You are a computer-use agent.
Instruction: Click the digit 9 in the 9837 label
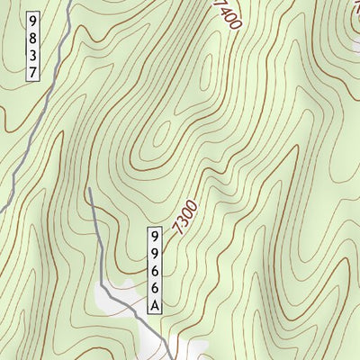pyautogui.click(x=34, y=21)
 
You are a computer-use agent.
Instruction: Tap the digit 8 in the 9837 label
pyautogui.click(x=34, y=38)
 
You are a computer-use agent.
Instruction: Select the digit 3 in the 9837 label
pyautogui.click(x=34, y=55)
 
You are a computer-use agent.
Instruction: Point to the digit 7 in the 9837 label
pyautogui.click(x=34, y=72)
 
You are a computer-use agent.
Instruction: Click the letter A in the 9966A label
pyautogui.click(x=155, y=305)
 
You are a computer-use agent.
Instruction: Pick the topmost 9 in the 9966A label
pyautogui.click(x=155, y=237)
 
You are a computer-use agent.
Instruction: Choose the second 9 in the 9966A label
pyautogui.click(x=155, y=254)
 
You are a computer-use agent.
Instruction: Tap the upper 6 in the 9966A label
pyautogui.click(x=155, y=271)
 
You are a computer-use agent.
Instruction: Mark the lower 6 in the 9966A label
pyautogui.click(x=155, y=288)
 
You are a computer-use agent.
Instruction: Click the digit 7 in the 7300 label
pyautogui.click(x=183, y=230)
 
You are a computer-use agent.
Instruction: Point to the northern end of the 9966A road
pyautogui.click(x=90, y=190)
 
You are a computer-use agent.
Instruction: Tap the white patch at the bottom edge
pyautogui.click(x=180, y=351)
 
